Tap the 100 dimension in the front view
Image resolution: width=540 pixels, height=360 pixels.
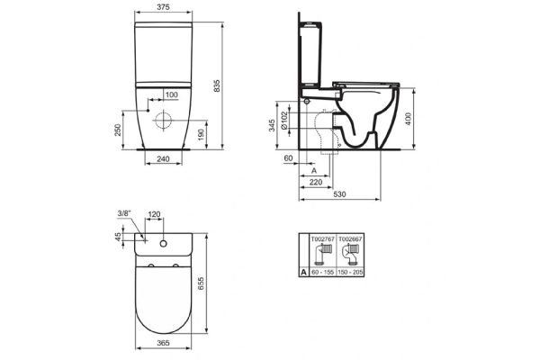click(171, 94)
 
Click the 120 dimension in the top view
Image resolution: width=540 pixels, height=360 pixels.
click(154, 216)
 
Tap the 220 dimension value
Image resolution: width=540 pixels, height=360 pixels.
click(315, 180)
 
